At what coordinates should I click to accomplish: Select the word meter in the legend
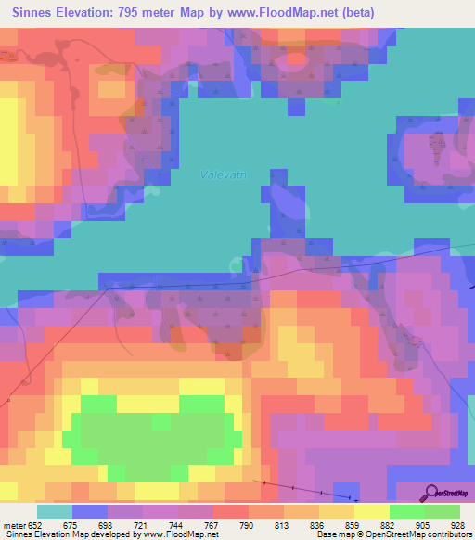(x=14, y=522)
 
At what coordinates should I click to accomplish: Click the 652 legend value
(x=35, y=522)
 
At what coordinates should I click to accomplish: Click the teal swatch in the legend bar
(x=54, y=510)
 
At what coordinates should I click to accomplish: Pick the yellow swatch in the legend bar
(x=371, y=510)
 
